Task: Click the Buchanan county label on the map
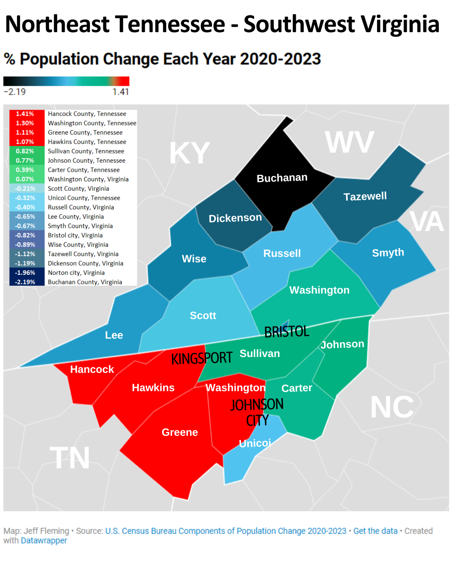click(282, 178)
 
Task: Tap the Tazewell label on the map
click(365, 196)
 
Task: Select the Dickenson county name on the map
click(235, 218)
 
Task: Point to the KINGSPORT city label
click(202, 358)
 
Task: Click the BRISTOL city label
click(287, 332)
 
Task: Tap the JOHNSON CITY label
click(257, 412)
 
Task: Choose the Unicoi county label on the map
click(255, 443)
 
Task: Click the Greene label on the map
click(180, 432)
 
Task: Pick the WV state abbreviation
click(349, 143)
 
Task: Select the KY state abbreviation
click(190, 153)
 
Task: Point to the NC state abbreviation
click(392, 407)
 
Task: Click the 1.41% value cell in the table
click(25, 114)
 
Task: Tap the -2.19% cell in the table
click(25, 282)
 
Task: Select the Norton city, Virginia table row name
click(76, 273)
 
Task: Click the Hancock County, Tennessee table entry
click(87, 114)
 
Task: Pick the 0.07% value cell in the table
click(25, 179)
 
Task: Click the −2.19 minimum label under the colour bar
click(15, 92)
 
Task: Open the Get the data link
click(375, 531)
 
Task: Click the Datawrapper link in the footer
click(44, 540)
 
